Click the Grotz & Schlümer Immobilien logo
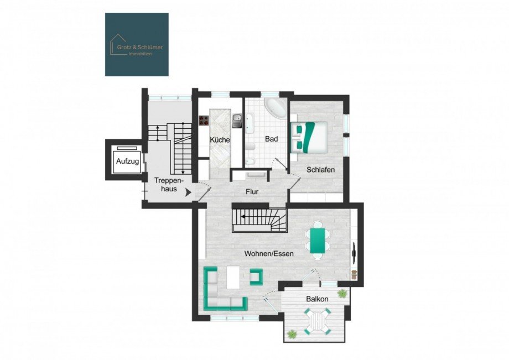pyautogui.click(x=137, y=44)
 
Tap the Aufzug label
pyautogui.click(x=126, y=161)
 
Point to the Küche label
pyautogui.click(x=220, y=140)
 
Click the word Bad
pyautogui.click(x=271, y=139)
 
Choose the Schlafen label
pyautogui.click(x=320, y=170)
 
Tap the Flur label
pyautogui.click(x=252, y=192)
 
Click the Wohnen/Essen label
pyautogui.click(x=269, y=253)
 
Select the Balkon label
pyautogui.click(x=317, y=299)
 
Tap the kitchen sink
pyautogui.click(x=237, y=119)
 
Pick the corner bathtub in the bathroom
pyautogui.click(x=275, y=109)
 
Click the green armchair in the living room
pyautogui.click(x=256, y=276)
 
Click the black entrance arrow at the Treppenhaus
pyautogui.click(x=189, y=193)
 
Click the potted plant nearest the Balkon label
pyautogui.click(x=342, y=293)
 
